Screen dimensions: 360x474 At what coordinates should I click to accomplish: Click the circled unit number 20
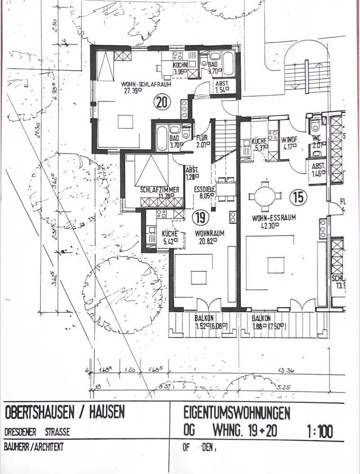pyautogui.click(x=162, y=101)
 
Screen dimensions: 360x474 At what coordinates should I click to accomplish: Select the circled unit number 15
pyautogui.click(x=298, y=196)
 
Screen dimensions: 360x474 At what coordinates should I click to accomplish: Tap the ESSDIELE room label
pyautogui.click(x=205, y=189)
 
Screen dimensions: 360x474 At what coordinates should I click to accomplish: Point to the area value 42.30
pyautogui.click(x=268, y=226)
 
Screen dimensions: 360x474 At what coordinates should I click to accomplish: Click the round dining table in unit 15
pyautogui.click(x=264, y=196)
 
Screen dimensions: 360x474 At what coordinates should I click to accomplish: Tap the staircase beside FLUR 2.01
pyautogui.click(x=225, y=140)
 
